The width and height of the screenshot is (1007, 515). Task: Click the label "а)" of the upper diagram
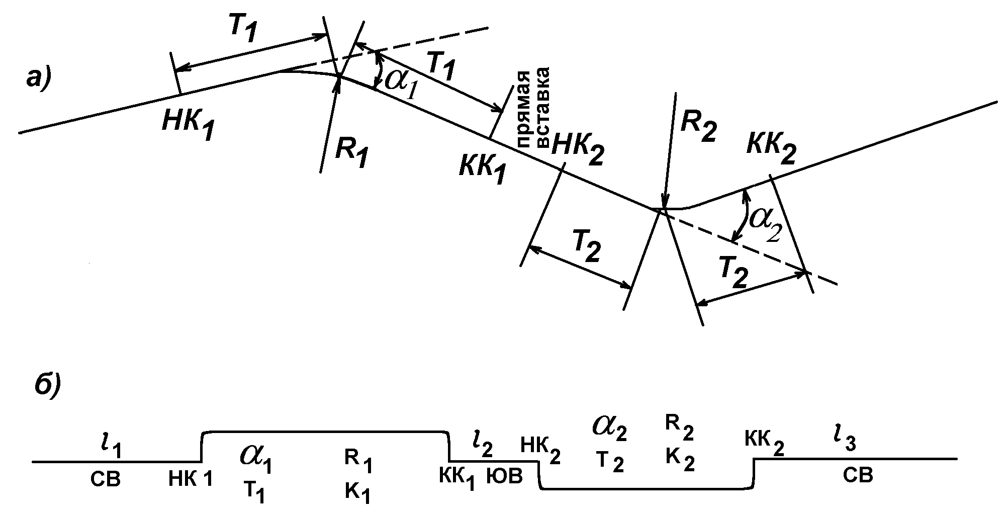(39, 80)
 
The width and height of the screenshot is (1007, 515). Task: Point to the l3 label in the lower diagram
(846, 443)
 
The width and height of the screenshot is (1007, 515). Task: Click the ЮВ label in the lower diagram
(504, 476)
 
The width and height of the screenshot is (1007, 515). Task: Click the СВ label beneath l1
(106, 480)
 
